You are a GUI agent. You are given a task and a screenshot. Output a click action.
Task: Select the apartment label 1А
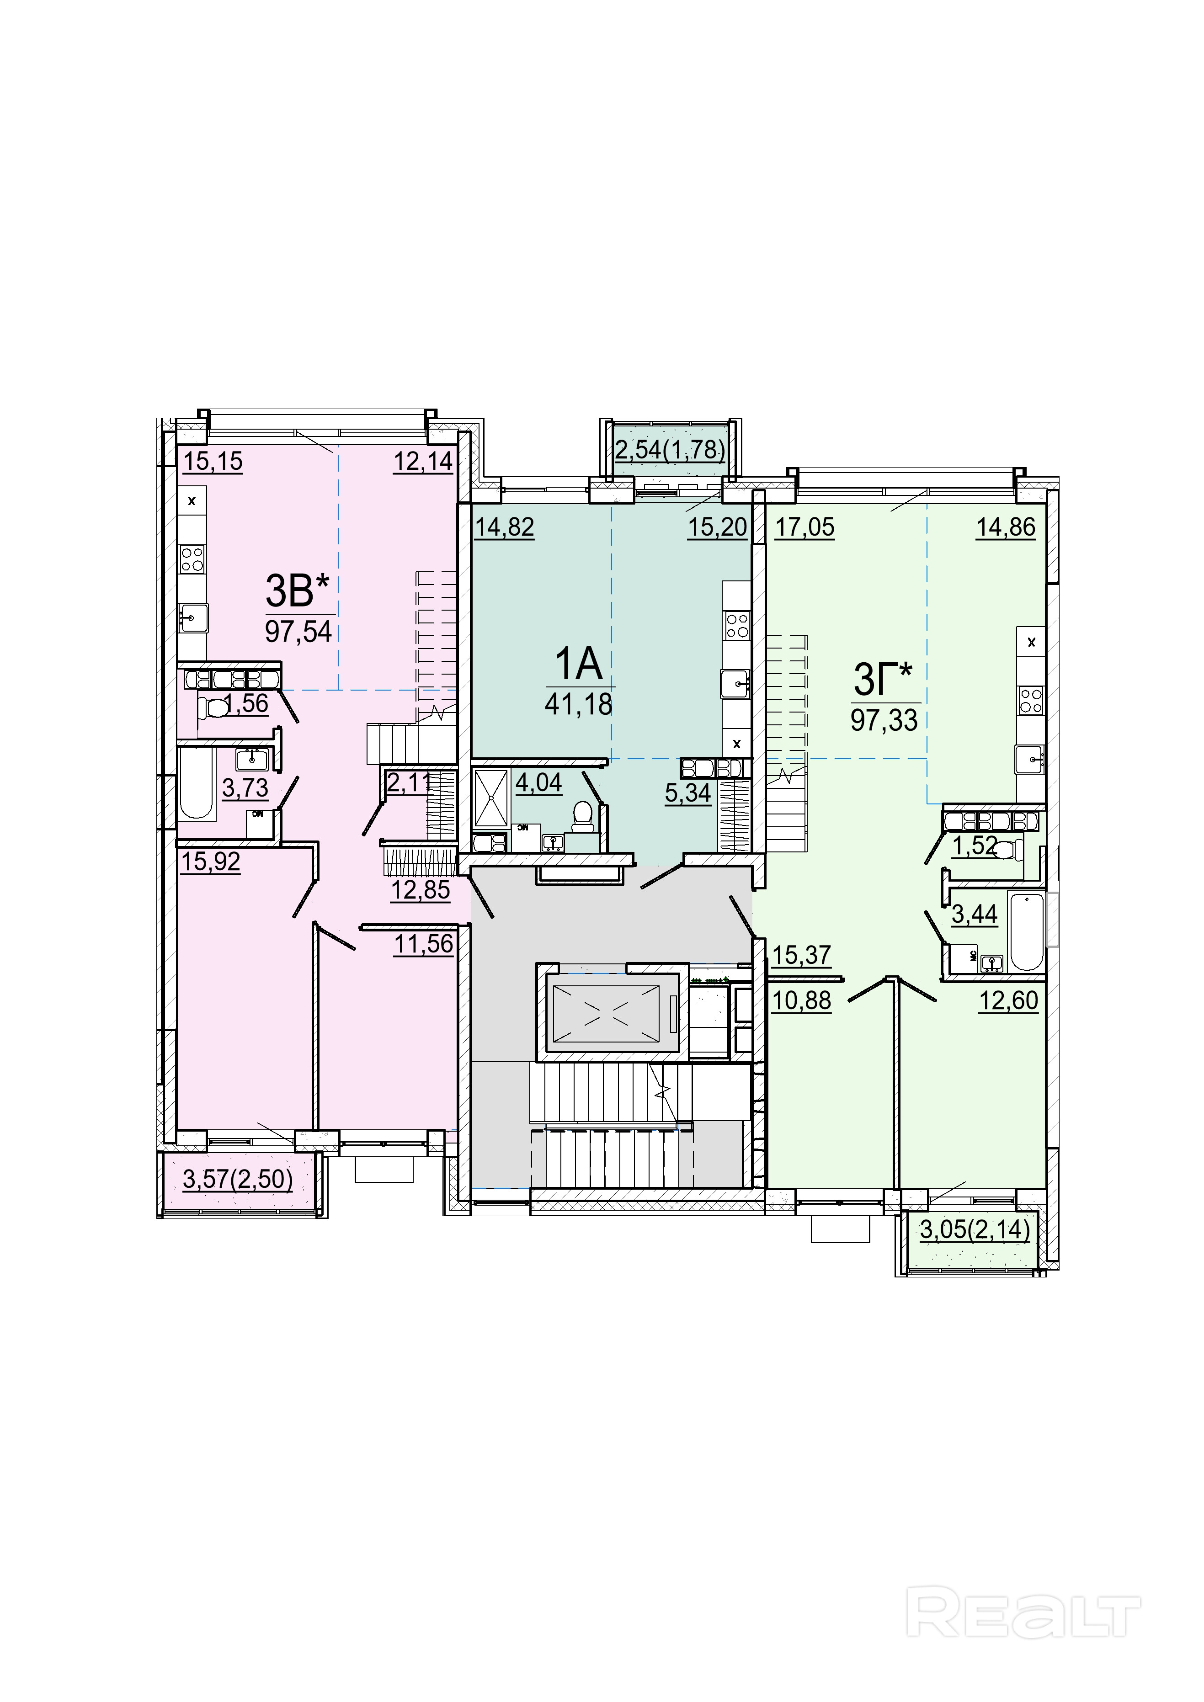pyautogui.click(x=579, y=664)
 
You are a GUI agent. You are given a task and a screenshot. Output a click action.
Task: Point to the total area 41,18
pyautogui.click(x=579, y=703)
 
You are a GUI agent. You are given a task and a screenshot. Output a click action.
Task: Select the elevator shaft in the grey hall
pyautogui.click(x=613, y=1013)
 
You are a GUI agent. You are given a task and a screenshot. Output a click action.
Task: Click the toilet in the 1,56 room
pyautogui.click(x=214, y=708)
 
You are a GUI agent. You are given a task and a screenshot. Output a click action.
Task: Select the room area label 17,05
pyautogui.click(x=805, y=527)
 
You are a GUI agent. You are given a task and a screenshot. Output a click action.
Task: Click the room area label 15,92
pyautogui.click(x=211, y=862)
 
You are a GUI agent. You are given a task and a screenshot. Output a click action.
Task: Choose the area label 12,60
pyautogui.click(x=1008, y=1001)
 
